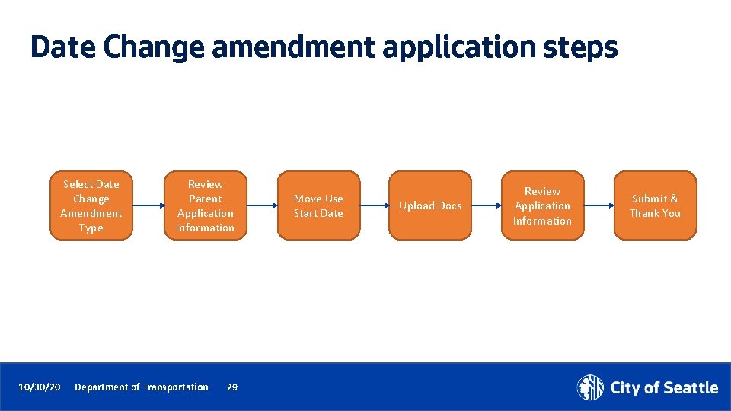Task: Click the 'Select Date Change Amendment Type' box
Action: point(91,205)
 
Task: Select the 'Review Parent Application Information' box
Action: point(206,205)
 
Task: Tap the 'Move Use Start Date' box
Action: point(318,205)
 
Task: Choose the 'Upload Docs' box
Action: point(430,205)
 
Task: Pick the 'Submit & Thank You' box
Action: point(655,205)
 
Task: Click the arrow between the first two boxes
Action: point(148,205)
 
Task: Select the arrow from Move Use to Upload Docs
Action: point(375,205)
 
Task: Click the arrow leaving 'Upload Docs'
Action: point(487,205)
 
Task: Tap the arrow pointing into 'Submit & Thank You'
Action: point(599,205)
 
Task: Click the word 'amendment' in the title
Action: point(293,47)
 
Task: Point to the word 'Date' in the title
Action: point(64,47)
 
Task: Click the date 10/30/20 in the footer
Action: point(40,387)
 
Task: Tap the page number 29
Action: point(232,387)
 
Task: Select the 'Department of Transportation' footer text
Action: point(142,387)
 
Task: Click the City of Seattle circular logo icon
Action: point(590,387)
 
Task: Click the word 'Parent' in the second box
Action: point(206,199)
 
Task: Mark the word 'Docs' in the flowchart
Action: point(449,205)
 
